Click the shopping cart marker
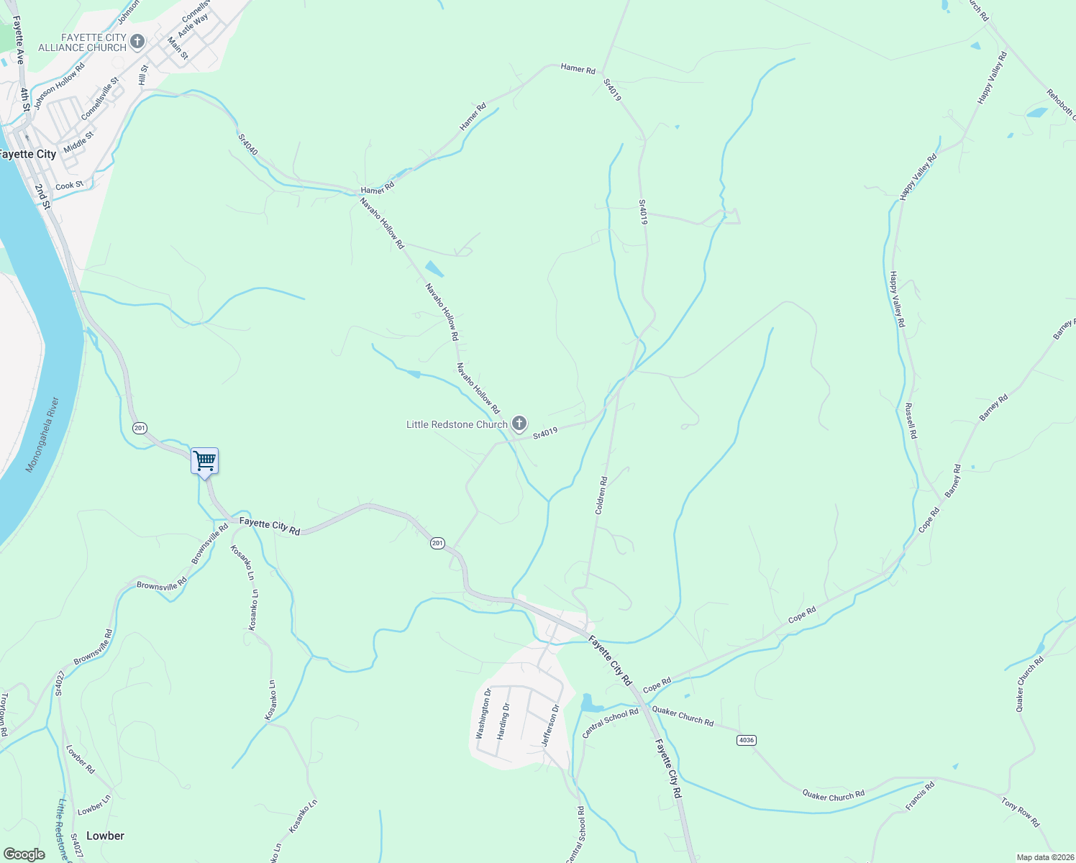pos(205,461)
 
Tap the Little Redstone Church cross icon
pos(519,424)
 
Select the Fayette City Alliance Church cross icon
pos(137,42)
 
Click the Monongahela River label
pos(42,435)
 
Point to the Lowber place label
pos(105,836)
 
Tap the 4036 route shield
pos(747,740)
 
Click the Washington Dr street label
pos(483,713)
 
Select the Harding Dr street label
pos(503,721)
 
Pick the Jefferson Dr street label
pos(550,725)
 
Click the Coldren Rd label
pos(601,495)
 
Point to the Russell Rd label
pos(911,421)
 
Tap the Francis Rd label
pos(920,796)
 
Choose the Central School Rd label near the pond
pos(611,723)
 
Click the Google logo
pos(24,854)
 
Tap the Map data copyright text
pos(1044,857)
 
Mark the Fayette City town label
pos(27,154)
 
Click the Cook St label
pos(70,186)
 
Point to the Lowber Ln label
pos(94,805)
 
